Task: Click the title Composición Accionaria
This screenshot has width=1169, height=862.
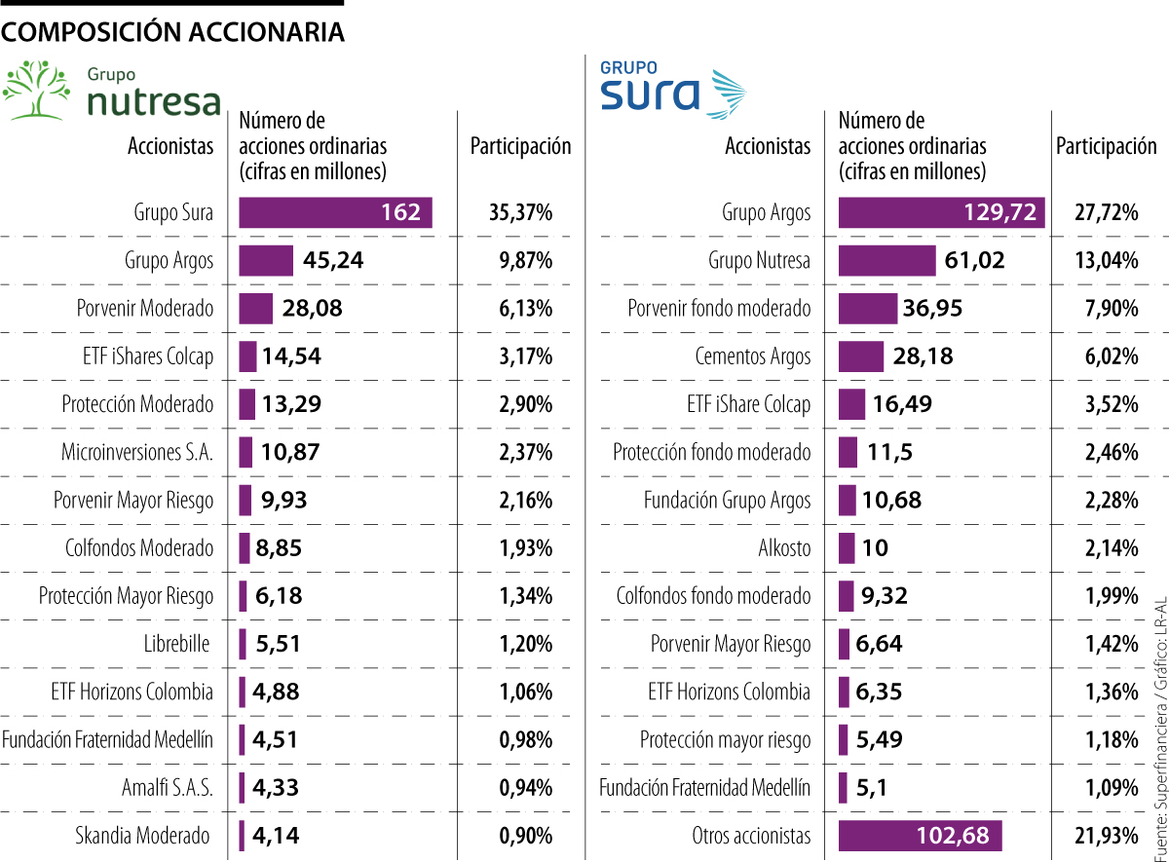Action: point(173,32)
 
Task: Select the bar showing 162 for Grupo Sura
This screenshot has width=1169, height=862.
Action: point(334,212)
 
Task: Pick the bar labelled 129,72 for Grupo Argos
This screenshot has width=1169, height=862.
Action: point(940,212)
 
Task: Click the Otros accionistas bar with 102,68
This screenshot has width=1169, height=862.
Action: point(919,836)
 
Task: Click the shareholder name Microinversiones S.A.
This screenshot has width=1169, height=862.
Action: point(137,452)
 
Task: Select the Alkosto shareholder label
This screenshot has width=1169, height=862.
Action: point(784,547)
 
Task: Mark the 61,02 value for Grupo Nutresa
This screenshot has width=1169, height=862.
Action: point(974,260)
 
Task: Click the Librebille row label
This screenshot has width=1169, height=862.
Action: point(178,644)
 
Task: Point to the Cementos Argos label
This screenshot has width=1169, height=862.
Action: point(752,356)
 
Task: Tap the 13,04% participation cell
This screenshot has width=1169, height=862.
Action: point(1107,260)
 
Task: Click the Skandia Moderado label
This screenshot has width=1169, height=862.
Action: point(142,836)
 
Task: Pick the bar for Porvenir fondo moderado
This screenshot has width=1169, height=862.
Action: point(867,309)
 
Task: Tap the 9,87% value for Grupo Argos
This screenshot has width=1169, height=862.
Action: point(525,260)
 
